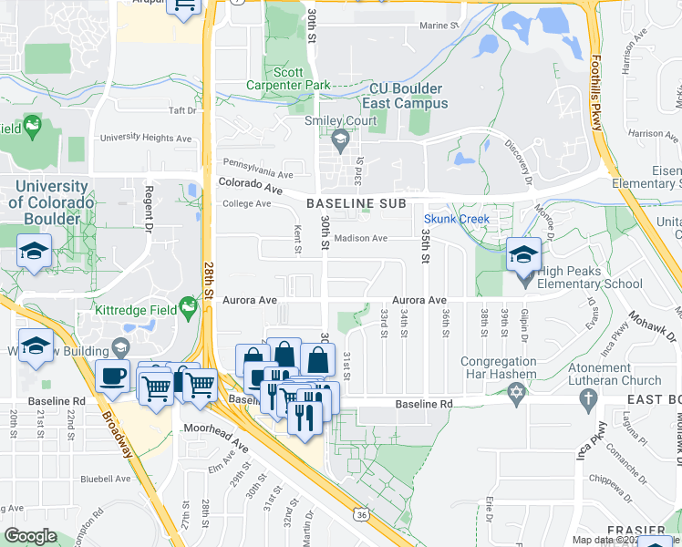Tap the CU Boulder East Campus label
[x=407, y=96]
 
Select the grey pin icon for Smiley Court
[x=341, y=140]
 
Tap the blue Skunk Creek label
[x=457, y=219]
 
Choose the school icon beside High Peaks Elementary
[x=524, y=253]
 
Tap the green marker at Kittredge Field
[x=188, y=307]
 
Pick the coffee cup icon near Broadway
[x=113, y=376]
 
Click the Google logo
[x=30, y=536]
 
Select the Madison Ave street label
[x=360, y=239]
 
